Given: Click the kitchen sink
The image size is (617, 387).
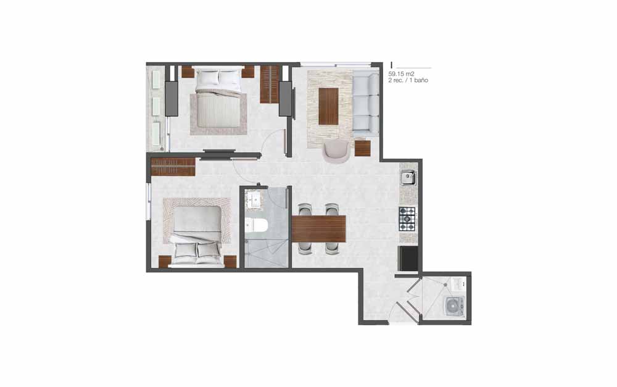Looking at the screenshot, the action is pos(408,178).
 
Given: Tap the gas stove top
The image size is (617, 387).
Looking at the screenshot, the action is pos(407,219).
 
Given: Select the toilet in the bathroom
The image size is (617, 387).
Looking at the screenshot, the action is pos(256,225).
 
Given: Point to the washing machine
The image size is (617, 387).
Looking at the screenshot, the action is pos(455,306).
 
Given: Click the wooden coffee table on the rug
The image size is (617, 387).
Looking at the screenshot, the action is pos(329,106).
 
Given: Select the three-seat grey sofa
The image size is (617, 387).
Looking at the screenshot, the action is pos(365,104).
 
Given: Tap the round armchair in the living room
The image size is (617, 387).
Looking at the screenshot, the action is pos(336,151).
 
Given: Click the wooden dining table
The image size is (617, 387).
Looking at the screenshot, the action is pos(319,229).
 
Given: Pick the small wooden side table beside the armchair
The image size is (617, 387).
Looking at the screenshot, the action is pos(363,148).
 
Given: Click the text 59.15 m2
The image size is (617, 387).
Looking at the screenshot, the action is pos(402,73).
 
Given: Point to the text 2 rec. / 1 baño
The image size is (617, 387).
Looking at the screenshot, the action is pos(408,80).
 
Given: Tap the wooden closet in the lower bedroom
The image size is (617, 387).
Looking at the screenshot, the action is pos(173,167).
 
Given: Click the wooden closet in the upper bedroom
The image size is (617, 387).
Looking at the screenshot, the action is pos(270,84).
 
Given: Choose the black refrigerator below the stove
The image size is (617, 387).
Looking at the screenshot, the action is pos(408,258).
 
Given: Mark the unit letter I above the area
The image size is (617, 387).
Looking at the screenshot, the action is pos(392,65).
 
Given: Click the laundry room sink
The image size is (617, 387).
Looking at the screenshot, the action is pos(458,283).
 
